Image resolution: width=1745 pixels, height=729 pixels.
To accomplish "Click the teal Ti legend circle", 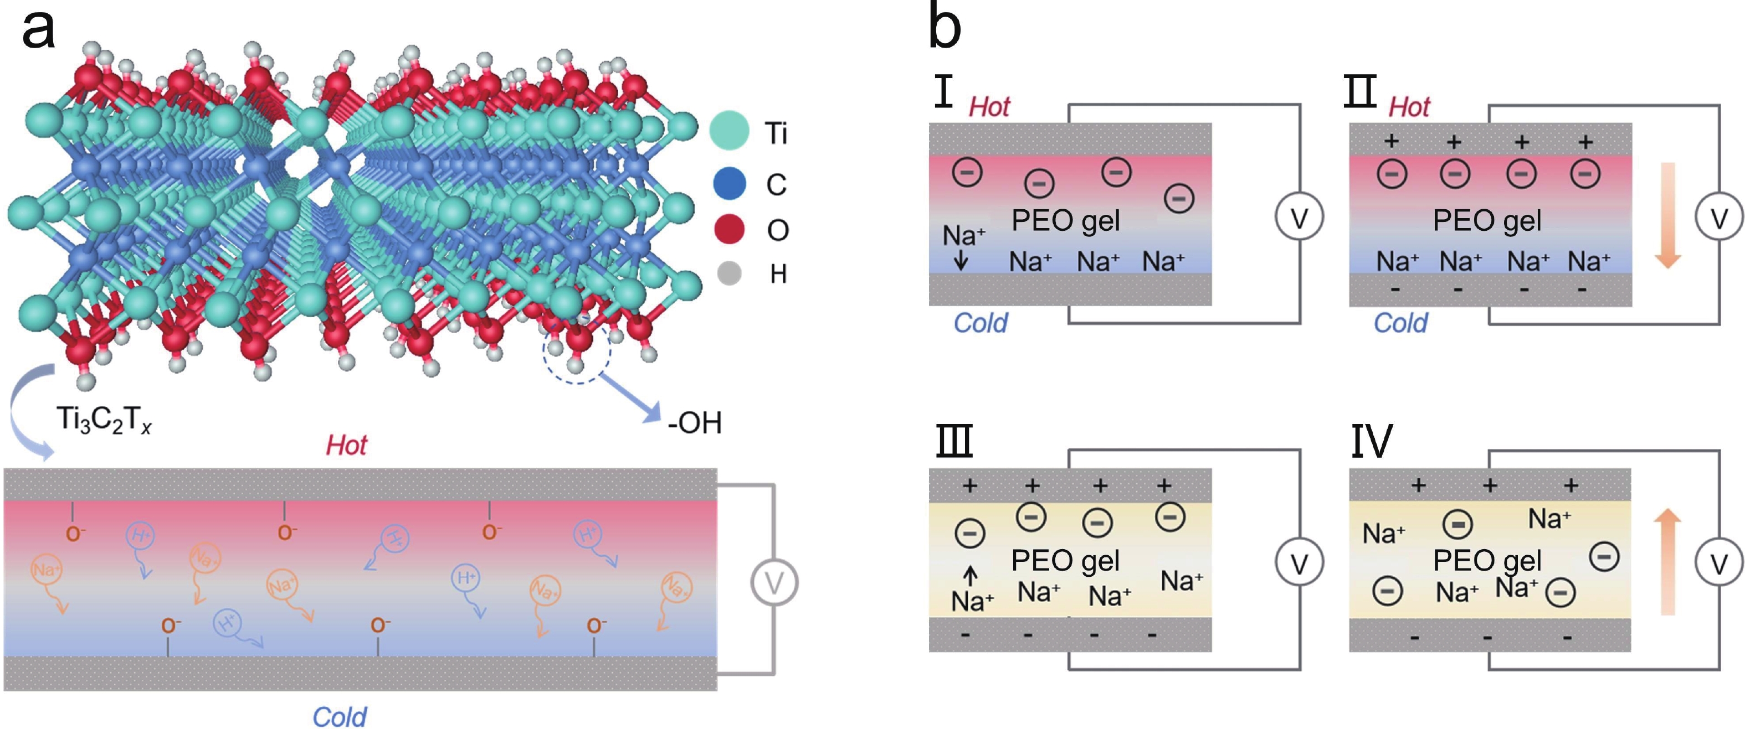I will click(x=729, y=131).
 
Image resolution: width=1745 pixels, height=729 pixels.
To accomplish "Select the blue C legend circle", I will click(x=729, y=183).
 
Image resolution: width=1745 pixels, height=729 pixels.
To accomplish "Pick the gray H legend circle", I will click(x=729, y=273).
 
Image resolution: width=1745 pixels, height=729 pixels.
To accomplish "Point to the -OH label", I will click(x=694, y=423).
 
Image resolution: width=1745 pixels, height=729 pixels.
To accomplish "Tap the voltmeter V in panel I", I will click(x=1299, y=218).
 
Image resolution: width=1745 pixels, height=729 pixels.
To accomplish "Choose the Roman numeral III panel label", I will click(x=954, y=441).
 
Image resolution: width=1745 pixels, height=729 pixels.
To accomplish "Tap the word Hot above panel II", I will click(x=1409, y=107).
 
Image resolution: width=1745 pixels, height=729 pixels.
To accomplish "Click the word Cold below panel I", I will click(x=980, y=323).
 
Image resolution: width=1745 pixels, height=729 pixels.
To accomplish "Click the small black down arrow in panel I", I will click(x=961, y=261).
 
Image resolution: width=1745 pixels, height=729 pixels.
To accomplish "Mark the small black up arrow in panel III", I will click(x=970, y=575).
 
